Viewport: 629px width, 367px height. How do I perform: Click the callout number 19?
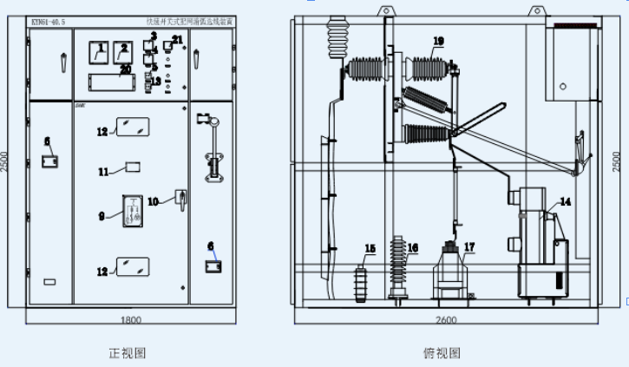coord(438,41)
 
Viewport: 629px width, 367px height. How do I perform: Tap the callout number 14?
coord(566,201)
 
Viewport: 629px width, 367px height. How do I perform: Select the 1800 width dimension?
coord(130,320)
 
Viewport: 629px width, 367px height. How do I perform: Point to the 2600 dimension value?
coord(445,320)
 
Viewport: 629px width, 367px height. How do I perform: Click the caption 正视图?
coord(127,353)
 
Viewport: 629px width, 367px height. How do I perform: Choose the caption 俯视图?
coord(442,353)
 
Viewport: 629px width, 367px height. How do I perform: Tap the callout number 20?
coord(125,69)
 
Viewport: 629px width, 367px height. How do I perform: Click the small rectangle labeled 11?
coord(134,167)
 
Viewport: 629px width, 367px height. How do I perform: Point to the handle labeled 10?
coord(180,199)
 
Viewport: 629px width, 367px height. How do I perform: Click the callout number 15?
coord(370,249)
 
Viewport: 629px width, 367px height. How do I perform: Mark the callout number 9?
coord(102,215)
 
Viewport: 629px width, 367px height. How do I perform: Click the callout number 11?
coord(103,172)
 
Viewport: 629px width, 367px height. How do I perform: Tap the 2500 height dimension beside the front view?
coord(7,163)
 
